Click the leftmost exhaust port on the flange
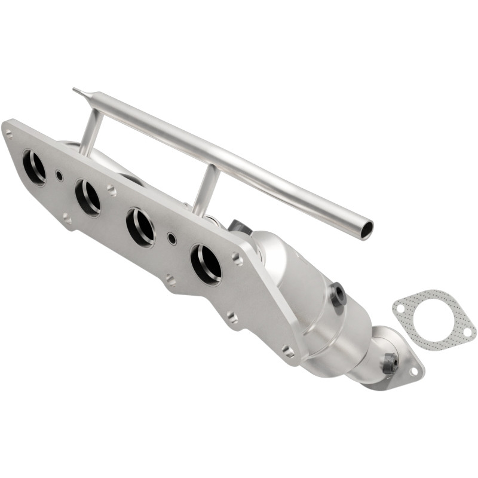[34, 167]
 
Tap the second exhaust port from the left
[87, 197]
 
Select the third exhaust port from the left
[140, 227]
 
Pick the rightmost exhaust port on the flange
[206, 263]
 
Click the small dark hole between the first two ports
[60, 176]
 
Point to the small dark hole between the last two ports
[172, 238]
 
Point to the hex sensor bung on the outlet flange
[390, 362]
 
